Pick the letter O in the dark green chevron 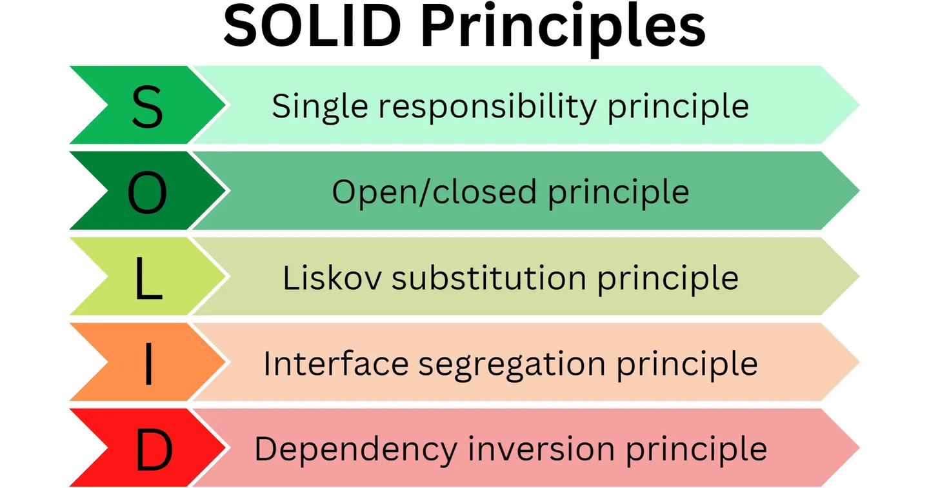(x=147, y=192)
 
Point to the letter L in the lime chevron (x=148, y=278)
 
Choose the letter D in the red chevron (x=154, y=449)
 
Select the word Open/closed (x=434, y=192)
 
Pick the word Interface (x=335, y=363)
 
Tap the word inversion (x=541, y=449)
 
